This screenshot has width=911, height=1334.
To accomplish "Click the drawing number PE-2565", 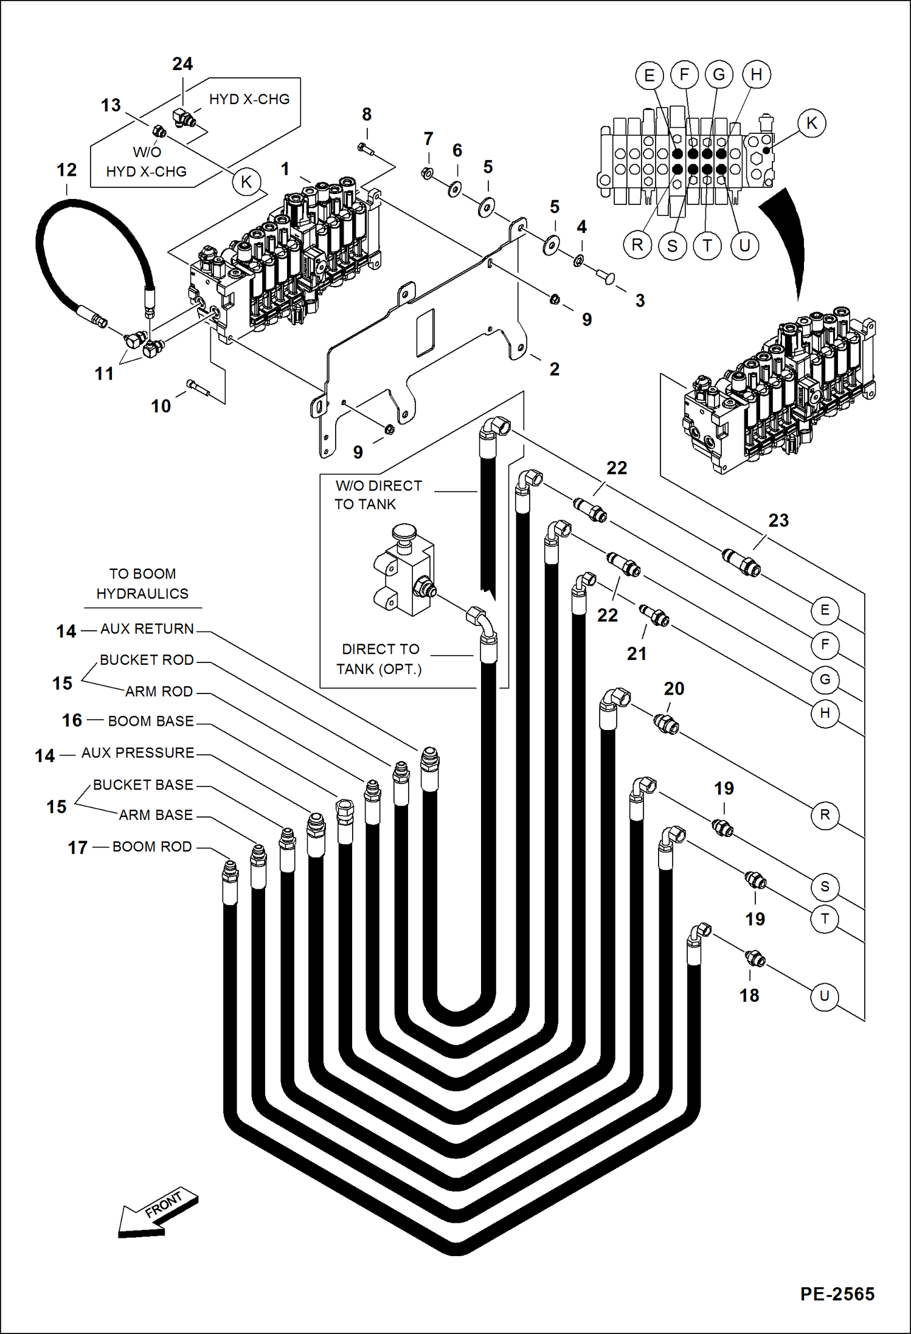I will pyautogui.click(x=837, y=1294).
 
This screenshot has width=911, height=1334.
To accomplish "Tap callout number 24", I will pyautogui.click(x=182, y=64).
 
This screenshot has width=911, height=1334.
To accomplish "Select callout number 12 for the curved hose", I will pyautogui.click(x=67, y=170).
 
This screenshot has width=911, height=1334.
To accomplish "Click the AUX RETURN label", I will pyautogui.click(x=147, y=628).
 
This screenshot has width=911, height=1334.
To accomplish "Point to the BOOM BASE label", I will pyautogui.click(x=150, y=721).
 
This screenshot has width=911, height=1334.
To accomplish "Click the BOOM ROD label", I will pyautogui.click(x=152, y=846).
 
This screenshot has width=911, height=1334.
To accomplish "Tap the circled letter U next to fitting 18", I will pyautogui.click(x=824, y=996).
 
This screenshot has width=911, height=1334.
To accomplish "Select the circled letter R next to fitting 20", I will pyautogui.click(x=825, y=815).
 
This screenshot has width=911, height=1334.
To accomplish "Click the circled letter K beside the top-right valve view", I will pyautogui.click(x=811, y=123).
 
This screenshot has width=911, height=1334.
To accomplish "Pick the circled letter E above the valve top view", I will pyautogui.click(x=649, y=75).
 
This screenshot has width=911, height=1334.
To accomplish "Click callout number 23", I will pyautogui.click(x=778, y=520).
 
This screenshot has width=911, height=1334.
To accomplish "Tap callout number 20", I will pyautogui.click(x=674, y=689).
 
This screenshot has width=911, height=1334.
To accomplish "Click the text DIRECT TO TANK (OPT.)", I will pyautogui.click(x=379, y=659).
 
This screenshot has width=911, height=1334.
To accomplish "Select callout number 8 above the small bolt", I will pyautogui.click(x=367, y=114).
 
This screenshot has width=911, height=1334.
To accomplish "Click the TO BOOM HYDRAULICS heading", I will pyautogui.click(x=142, y=583).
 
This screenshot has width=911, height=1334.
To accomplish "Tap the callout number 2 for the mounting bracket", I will pyautogui.click(x=554, y=369).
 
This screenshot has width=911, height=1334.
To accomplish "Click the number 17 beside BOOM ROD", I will pyautogui.click(x=77, y=847).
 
